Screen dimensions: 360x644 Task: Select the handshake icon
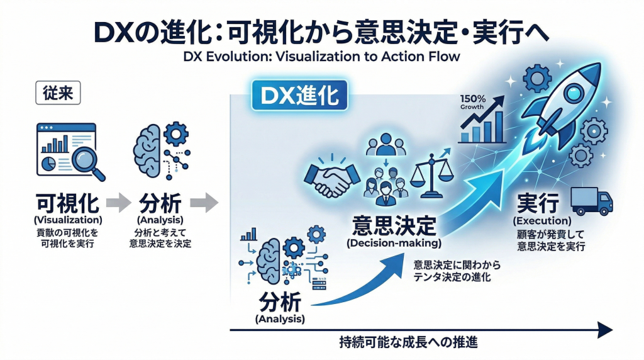click(x=331, y=178)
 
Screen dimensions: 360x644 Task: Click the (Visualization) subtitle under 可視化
click(x=69, y=220)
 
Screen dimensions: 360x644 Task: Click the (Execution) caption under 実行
click(x=541, y=221)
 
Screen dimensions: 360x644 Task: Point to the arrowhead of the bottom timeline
click(x=605, y=330)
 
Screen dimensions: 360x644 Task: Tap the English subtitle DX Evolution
click(x=323, y=56)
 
